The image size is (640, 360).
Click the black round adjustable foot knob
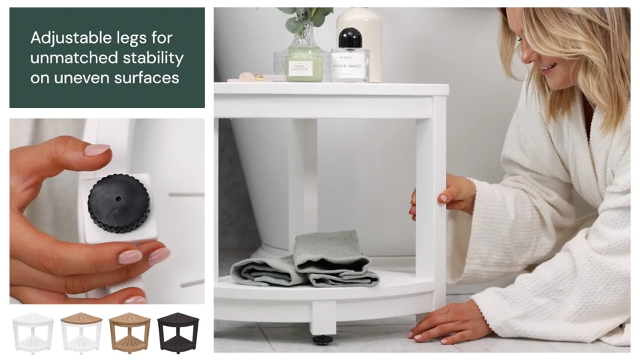click(x=119, y=203)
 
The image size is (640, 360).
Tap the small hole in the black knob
click(x=118, y=199)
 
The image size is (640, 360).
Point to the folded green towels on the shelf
click(x=307, y=263)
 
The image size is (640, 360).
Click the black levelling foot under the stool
click(x=322, y=339)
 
